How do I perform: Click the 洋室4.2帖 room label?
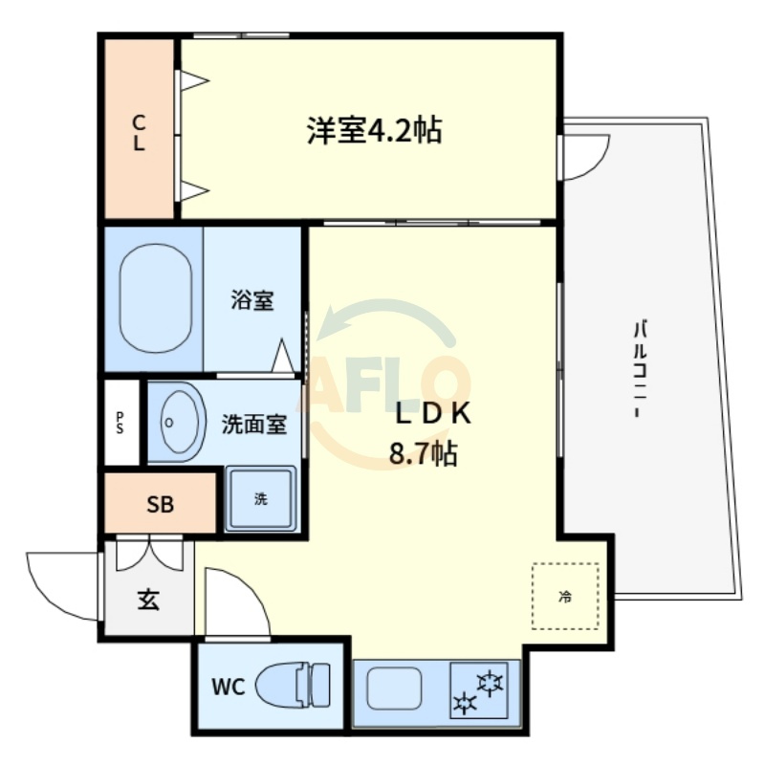click(x=374, y=130)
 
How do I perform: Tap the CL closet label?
click(x=139, y=132)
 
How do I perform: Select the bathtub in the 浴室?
click(x=156, y=298)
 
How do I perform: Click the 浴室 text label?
click(x=252, y=300)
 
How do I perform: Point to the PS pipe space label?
click(x=120, y=423)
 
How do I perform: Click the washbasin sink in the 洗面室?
click(x=177, y=422)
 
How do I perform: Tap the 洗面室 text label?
click(x=254, y=424)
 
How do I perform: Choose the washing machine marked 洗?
click(x=261, y=498)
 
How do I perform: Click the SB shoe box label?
click(x=160, y=505)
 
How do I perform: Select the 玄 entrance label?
click(x=148, y=600)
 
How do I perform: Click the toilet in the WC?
click(x=293, y=686)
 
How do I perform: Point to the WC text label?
click(x=229, y=687)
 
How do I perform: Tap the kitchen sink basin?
click(x=394, y=688)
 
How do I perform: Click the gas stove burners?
click(x=479, y=689)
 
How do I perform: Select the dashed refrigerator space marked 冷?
click(x=565, y=596)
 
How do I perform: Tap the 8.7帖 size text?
click(x=423, y=453)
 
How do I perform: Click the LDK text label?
click(x=433, y=413)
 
